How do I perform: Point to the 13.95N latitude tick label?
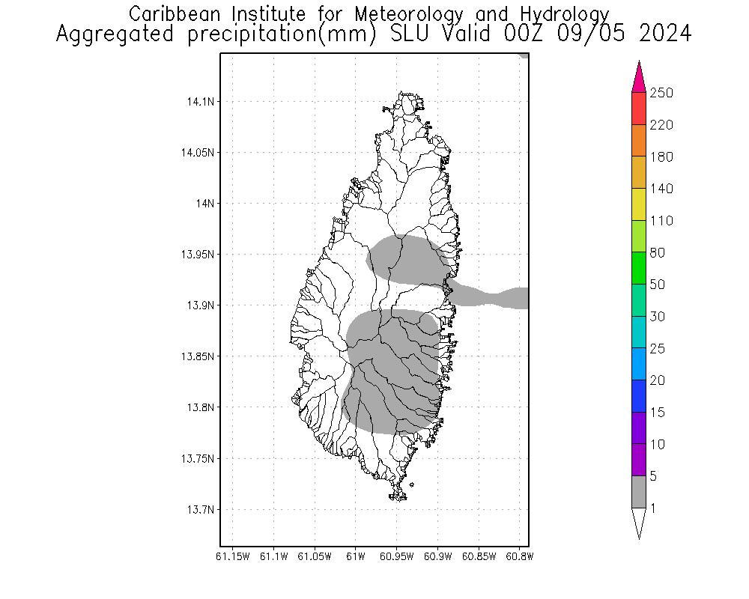click(197, 255)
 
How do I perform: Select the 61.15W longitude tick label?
click(232, 556)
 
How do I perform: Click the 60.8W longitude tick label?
click(519, 556)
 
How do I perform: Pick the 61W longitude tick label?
click(356, 556)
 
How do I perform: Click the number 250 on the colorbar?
click(661, 93)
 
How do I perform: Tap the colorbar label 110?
click(661, 221)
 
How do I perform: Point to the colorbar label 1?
click(653, 508)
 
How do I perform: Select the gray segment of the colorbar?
click(639, 493)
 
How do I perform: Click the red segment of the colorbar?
click(639, 109)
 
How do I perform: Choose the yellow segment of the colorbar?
click(639, 204)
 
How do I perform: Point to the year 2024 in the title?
click(664, 34)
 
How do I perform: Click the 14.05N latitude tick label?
click(197, 153)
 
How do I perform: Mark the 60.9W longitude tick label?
click(437, 556)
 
